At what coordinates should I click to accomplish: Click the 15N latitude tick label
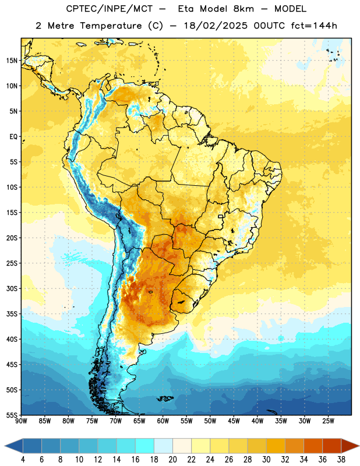coord(12,61)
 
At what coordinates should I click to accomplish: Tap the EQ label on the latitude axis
coord(13,137)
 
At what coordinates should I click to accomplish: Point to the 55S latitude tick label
coord(12,415)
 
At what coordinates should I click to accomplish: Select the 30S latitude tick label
coord(12,288)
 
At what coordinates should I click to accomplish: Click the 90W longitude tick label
coord(22,421)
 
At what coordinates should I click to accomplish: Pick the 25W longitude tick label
coord(328,421)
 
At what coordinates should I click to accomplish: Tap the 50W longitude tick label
coord(210,421)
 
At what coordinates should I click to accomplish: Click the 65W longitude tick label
coord(139,421)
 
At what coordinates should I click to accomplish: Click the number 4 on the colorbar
coord(23,460)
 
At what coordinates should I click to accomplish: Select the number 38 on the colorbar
coord(341,460)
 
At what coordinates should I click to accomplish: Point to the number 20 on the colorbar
coord(172,460)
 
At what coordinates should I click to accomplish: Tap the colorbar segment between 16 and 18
coord(145,446)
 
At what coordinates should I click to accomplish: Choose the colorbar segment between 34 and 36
coord(313,446)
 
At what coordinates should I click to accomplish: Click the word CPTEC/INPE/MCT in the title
coord(110,9)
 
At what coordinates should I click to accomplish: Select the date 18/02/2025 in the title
coord(216,26)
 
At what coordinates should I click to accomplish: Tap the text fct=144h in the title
coord(314,26)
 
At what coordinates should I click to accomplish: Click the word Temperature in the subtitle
coord(111,26)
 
